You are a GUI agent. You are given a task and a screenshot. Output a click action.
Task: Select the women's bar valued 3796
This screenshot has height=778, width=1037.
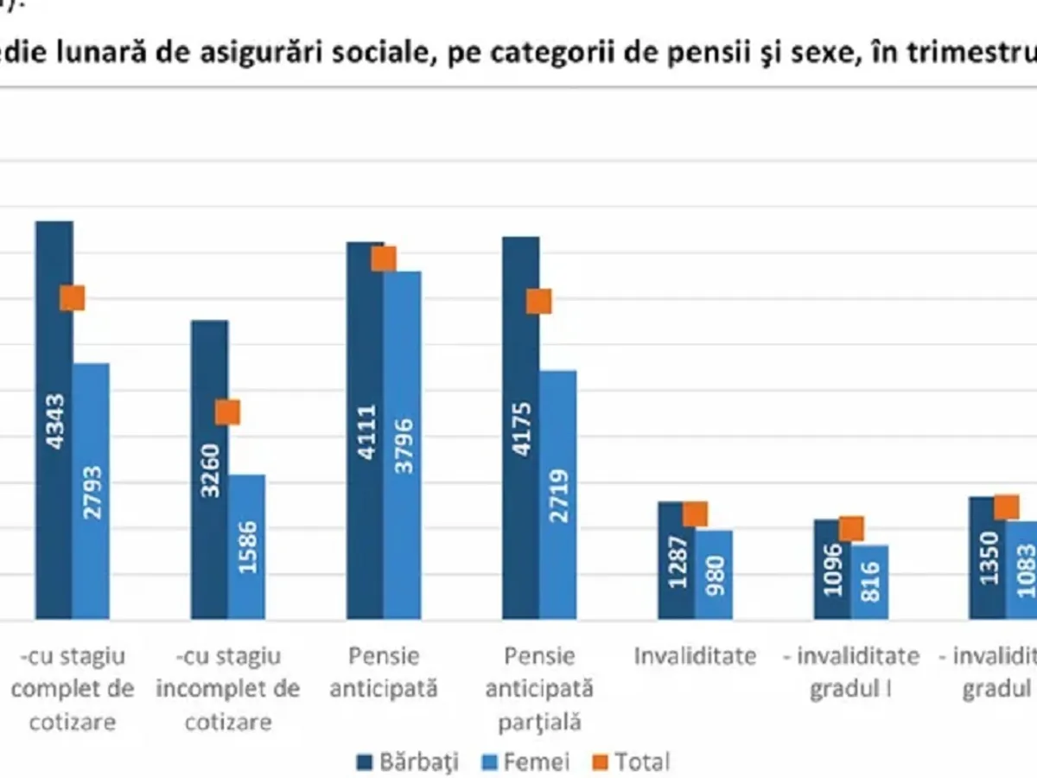tap(403, 445)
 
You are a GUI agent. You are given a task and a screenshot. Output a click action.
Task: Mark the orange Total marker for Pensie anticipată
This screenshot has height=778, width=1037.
tap(384, 258)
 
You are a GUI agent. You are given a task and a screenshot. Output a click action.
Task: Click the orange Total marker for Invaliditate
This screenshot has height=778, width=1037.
tap(695, 514)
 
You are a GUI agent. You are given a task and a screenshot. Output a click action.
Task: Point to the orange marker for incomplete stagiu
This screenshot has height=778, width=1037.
tap(227, 412)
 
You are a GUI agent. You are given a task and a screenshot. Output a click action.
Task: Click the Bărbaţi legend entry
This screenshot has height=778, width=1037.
tap(407, 762)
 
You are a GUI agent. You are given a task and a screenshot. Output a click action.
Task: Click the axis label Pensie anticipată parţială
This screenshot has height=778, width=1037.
tap(539, 689)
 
